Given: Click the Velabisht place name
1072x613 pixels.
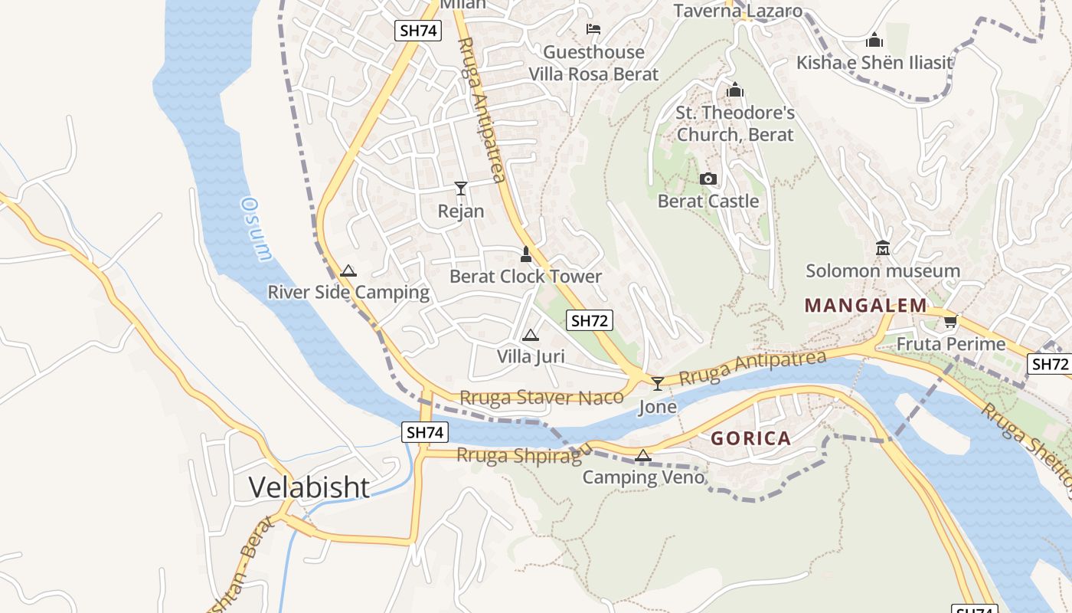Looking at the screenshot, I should point(309,487).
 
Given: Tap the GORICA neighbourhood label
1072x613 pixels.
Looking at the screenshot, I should point(750,438).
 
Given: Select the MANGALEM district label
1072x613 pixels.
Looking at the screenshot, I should point(866,306).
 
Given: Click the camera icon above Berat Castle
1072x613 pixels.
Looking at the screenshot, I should point(708,179).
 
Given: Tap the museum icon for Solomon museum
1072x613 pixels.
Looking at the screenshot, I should point(883,248).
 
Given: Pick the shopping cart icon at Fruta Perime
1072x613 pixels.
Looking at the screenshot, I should point(950,322).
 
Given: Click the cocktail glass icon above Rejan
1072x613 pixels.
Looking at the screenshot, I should point(461,188).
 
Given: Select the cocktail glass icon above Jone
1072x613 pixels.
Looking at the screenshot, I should point(657,384).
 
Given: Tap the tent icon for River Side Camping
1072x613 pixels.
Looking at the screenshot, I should point(348,270).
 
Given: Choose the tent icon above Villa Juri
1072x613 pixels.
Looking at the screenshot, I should point(530,335).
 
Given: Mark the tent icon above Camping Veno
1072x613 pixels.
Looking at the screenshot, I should point(643,455).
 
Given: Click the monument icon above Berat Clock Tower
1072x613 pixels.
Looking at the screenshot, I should point(526,254).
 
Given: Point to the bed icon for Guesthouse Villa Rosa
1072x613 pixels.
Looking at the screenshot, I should point(593,30).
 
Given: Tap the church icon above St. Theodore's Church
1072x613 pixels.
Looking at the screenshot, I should point(735,90).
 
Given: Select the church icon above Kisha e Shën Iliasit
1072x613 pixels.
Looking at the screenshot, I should point(874,40).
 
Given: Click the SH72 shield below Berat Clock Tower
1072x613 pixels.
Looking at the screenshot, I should point(590,320).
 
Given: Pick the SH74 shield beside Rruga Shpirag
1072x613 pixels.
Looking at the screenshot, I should point(424,432).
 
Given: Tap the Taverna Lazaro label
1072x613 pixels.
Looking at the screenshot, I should point(738,11).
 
